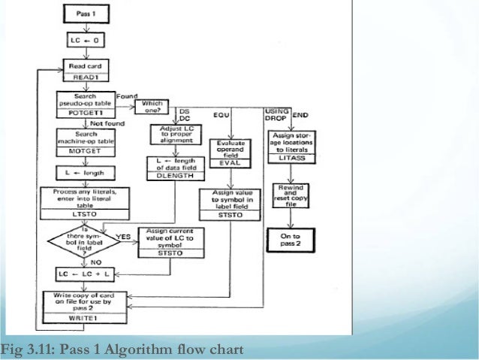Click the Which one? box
click(x=153, y=107)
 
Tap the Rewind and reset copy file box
click(x=290, y=196)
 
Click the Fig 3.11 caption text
click(x=122, y=349)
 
